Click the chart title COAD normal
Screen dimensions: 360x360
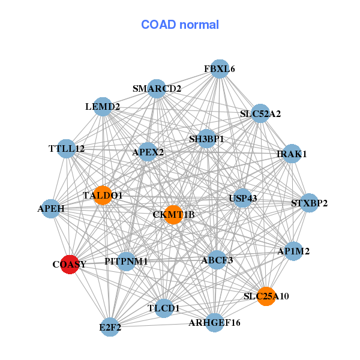point(180,25)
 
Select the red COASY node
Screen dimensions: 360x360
point(70,264)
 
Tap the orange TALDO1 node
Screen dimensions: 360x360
point(103,195)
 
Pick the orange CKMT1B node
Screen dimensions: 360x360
point(173,214)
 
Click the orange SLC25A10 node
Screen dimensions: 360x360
point(266,296)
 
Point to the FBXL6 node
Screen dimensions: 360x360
point(220,69)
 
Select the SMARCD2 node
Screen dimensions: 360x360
point(157,89)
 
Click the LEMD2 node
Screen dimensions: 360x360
point(103,107)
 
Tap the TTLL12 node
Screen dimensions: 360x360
point(67,148)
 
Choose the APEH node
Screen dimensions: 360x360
point(51,209)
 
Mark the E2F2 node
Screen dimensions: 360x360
point(110,328)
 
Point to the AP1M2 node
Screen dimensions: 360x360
point(293,251)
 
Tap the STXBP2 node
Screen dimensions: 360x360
point(309,203)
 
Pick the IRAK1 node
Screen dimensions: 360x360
point(292,154)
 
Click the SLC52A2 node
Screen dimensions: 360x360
point(260,113)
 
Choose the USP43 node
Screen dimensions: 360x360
point(242,198)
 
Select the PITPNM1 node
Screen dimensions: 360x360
point(126,262)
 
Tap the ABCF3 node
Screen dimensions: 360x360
point(217,260)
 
